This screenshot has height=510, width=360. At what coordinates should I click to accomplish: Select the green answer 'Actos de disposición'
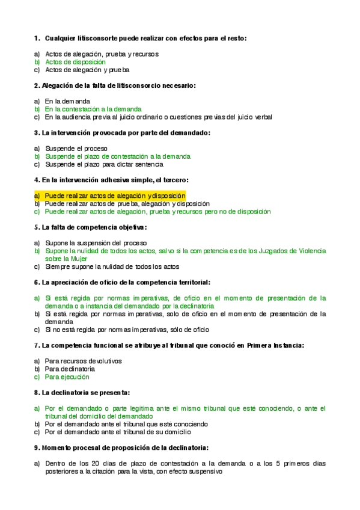pos(75,62)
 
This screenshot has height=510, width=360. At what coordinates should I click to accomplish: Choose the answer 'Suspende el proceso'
pos(76,149)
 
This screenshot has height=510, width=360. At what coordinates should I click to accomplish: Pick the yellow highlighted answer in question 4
pos(115,196)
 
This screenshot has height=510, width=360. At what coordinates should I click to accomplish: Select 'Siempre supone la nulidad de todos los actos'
pos(112,266)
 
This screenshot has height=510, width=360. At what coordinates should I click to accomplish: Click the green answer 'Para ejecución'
pos(67,376)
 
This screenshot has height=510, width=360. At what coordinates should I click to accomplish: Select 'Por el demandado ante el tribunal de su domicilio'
pos(118,431)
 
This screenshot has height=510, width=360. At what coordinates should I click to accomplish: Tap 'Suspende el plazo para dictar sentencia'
pos(104,164)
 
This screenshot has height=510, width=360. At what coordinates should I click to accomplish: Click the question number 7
pos(37,345)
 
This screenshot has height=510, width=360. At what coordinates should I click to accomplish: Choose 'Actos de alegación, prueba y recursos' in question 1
pos(102,54)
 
